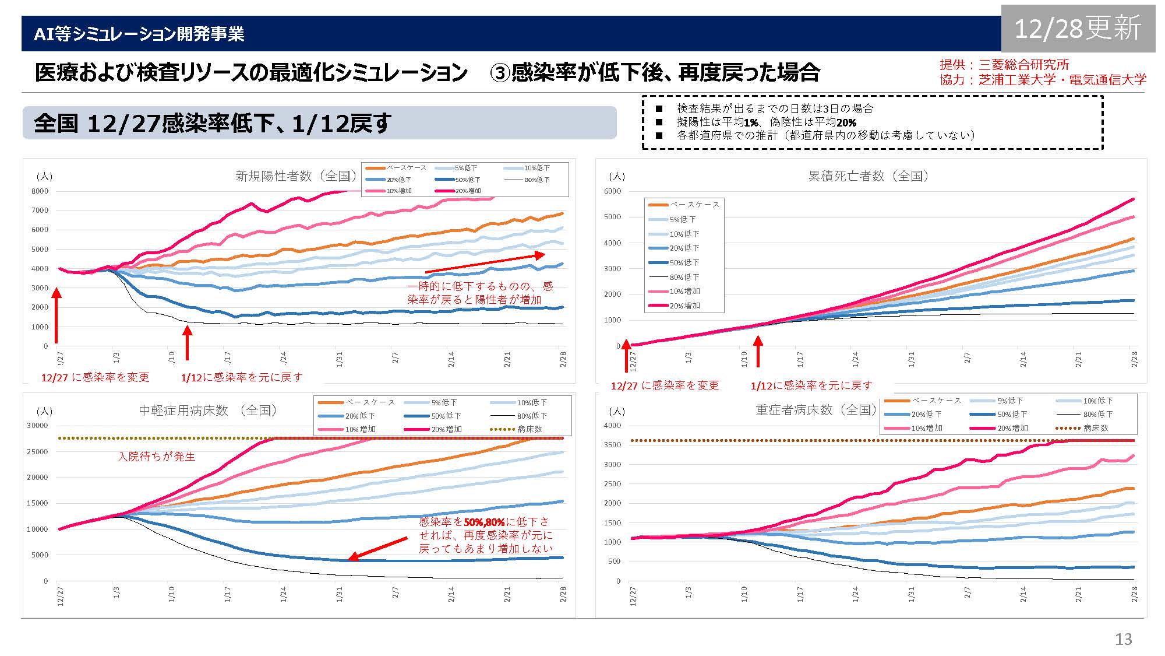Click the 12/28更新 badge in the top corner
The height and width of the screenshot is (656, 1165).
pyautogui.click(x=1078, y=28)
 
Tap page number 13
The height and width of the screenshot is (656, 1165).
pyautogui.click(x=1123, y=639)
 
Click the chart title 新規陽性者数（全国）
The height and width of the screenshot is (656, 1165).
pyautogui.click(x=295, y=176)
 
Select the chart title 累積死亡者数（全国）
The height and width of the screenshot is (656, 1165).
pyautogui.click(x=868, y=176)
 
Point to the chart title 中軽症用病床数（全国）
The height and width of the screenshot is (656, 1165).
pyautogui.click(x=207, y=411)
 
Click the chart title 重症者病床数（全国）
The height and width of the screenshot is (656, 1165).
pyautogui.click(x=815, y=410)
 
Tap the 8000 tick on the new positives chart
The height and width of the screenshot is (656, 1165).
pyautogui.click(x=40, y=191)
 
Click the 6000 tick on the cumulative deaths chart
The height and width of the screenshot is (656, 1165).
pyautogui.click(x=613, y=191)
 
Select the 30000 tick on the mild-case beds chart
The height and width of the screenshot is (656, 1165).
pyautogui.click(x=37, y=426)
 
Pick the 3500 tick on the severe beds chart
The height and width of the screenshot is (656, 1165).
pyautogui.click(x=613, y=445)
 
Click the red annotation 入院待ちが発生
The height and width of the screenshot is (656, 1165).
pyautogui.click(x=157, y=457)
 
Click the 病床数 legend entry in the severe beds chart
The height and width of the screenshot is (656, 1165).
pyautogui.click(x=1095, y=428)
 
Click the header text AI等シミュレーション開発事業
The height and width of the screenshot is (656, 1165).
pyautogui.click(x=139, y=34)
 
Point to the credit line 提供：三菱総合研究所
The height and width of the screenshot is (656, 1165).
pyautogui.click(x=1004, y=65)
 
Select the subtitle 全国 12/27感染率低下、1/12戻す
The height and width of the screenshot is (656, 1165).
pyautogui.click(x=213, y=124)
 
